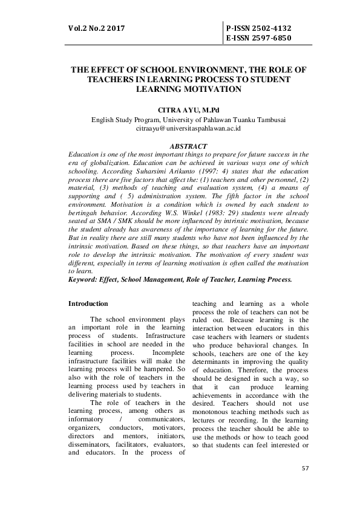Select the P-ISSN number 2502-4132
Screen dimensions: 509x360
point(258,28)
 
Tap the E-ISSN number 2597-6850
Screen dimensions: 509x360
point(258,37)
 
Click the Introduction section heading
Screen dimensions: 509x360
point(88,303)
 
